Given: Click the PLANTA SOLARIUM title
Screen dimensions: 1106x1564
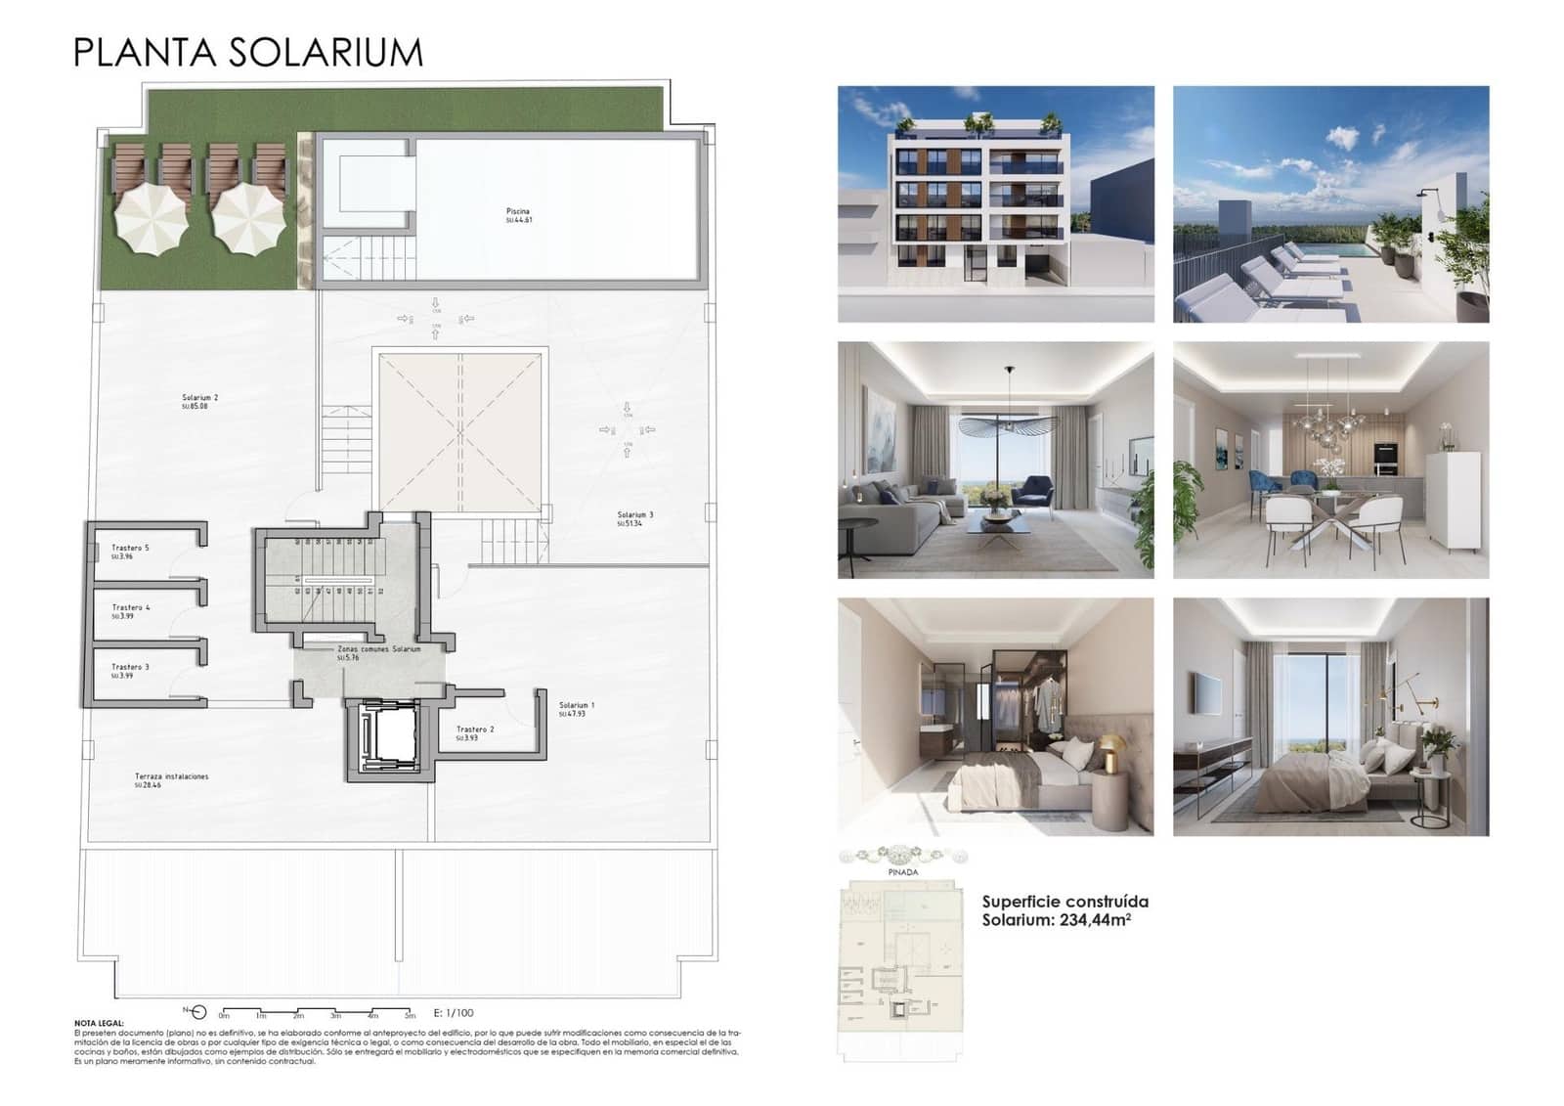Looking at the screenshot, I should click(248, 52).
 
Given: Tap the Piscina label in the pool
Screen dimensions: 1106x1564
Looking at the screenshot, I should click(518, 213).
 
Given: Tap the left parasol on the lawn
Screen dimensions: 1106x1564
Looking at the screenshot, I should click(152, 219).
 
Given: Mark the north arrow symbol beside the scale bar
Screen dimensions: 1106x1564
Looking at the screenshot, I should click(197, 1012).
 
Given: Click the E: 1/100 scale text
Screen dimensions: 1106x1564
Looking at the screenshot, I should click(454, 1013).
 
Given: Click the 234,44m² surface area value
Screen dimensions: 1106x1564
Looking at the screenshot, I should click(1095, 920).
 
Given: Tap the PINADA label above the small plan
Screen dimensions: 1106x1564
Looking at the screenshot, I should click(903, 872).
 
